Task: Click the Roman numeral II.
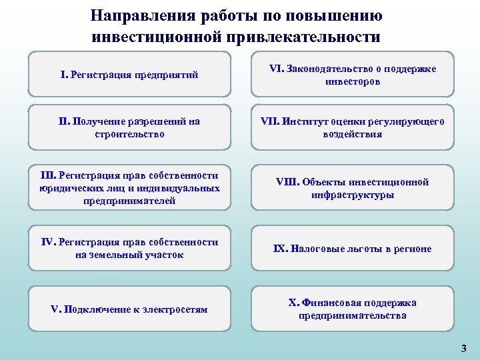63,122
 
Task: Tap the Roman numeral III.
49,175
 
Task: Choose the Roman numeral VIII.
287,182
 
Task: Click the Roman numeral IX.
280,249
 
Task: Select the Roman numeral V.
55,309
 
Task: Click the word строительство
129,134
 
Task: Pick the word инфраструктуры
353,195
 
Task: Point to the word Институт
305,122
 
